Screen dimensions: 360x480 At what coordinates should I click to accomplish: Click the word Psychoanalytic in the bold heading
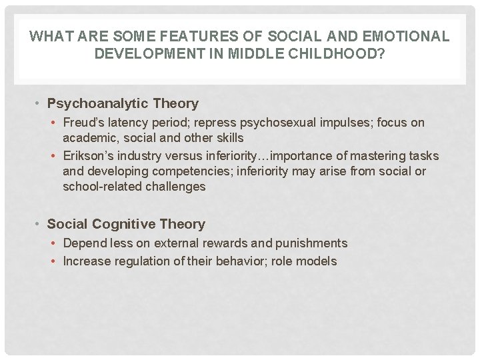(99, 103)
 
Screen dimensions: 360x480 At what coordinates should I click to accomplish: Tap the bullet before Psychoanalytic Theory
(39, 104)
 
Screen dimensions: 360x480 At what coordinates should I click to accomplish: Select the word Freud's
(83, 123)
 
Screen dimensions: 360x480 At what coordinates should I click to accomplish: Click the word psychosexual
(265, 123)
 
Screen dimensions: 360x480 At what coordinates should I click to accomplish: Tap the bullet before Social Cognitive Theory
(39, 225)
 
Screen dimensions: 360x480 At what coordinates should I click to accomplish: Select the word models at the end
(319, 261)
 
